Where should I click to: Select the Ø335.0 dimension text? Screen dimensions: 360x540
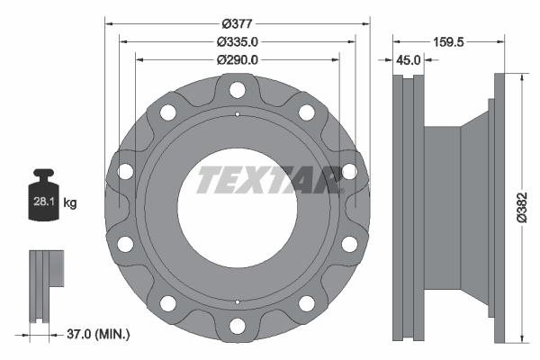238,41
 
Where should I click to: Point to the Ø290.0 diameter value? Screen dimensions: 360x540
238,59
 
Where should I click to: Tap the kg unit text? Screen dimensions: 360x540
70,202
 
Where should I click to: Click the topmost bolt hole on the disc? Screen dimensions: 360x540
237,89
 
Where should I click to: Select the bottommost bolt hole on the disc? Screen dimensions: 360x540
237,327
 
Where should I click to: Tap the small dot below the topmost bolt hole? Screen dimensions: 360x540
237,114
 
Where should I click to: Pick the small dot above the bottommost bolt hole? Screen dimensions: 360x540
237,301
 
